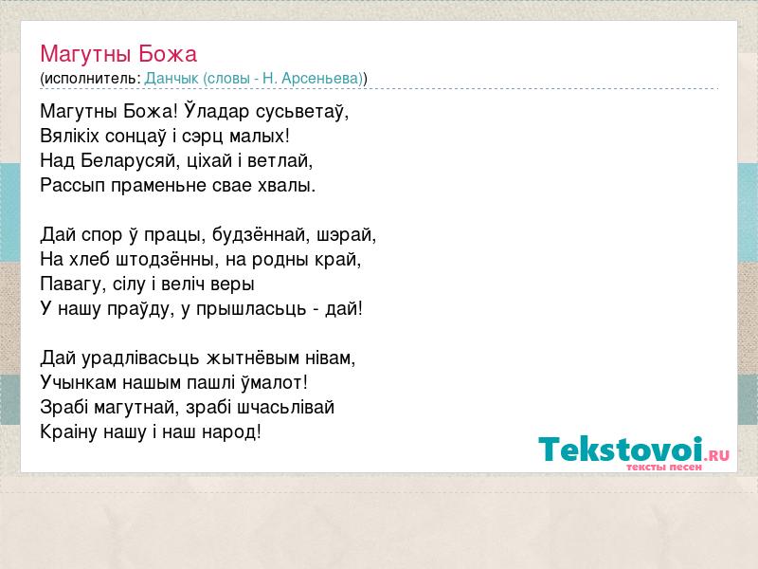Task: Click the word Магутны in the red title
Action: pyautogui.click(x=86, y=55)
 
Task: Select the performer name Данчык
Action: pyautogui.click(x=171, y=79)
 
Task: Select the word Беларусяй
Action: pyautogui.click(x=127, y=160)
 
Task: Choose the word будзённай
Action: pyautogui.click(x=262, y=235)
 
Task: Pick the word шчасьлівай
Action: pyautogui.click(x=286, y=408)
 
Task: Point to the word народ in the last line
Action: pyautogui.click(x=229, y=432)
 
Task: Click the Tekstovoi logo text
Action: pyautogui.click(x=621, y=450)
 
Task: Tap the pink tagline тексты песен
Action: pyautogui.click(x=664, y=468)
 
